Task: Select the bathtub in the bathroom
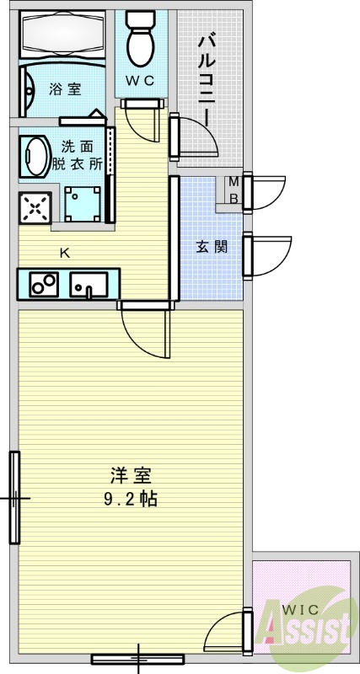62,35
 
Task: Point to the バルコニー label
207,72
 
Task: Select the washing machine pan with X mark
35,208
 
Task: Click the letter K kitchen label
64,252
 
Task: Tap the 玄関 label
207,247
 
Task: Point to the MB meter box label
234,190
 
